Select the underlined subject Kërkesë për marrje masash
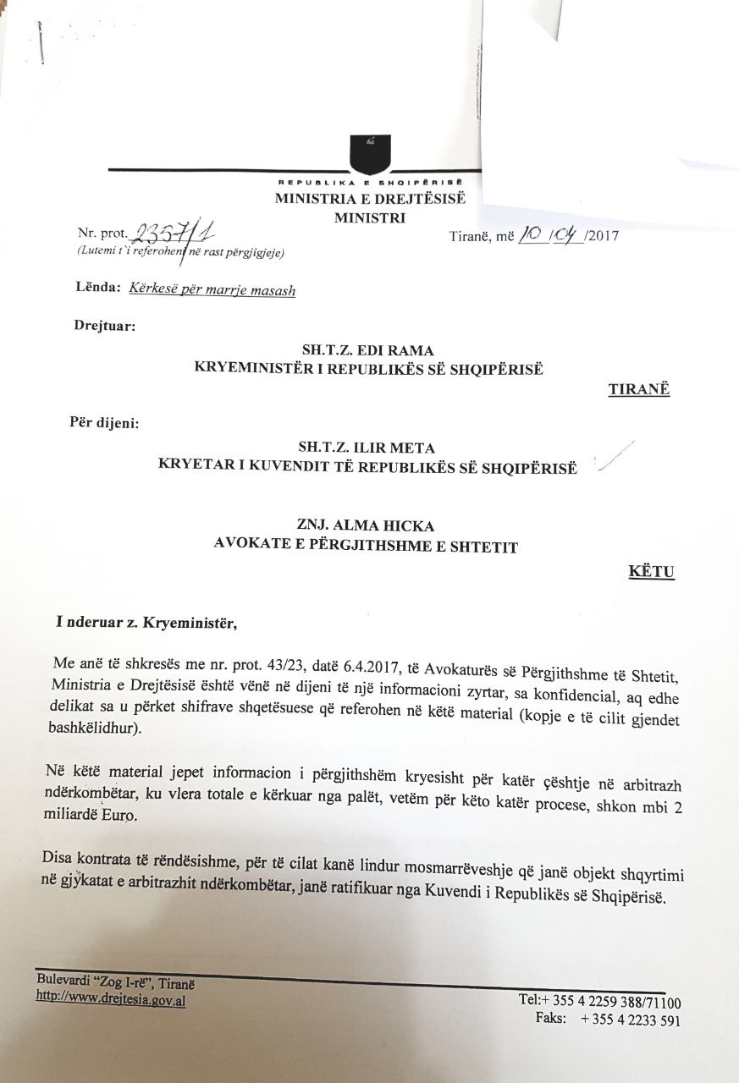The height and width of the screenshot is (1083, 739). (212, 289)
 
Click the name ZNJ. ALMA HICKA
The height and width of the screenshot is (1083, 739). (367, 526)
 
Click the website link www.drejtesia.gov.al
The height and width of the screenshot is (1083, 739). (111, 998)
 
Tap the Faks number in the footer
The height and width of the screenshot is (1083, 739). (630, 1020)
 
